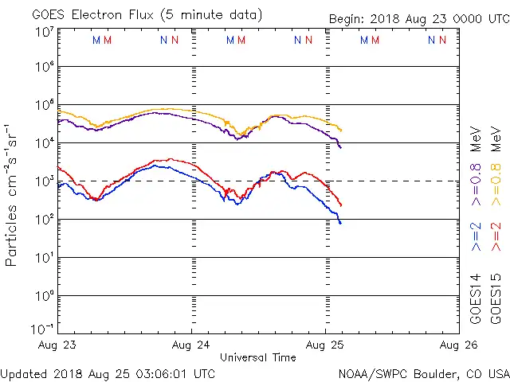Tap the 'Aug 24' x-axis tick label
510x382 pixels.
tap(192, 345)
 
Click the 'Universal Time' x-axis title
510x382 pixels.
tap(258, 357)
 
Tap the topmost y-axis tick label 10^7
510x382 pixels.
tap(44, 32)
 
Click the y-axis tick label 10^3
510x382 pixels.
tap(44, 181)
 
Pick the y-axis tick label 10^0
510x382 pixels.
tap(44, 296)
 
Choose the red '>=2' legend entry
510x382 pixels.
tap(496, 237)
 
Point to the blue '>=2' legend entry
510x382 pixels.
tap(477, 237)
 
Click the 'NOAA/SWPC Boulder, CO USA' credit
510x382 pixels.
tap(422, 372)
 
